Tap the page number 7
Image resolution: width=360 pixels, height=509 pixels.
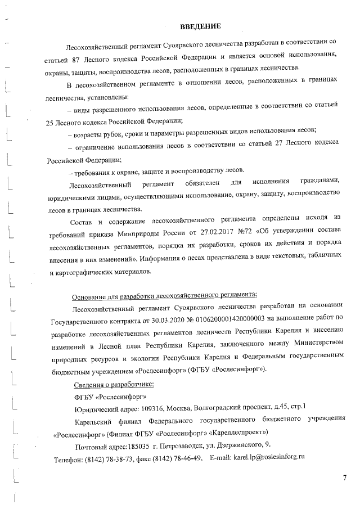coord(344,478)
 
